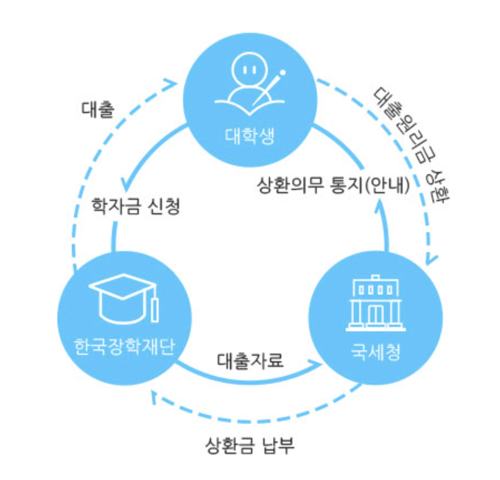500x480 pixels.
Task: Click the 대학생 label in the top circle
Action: tap(249, 136)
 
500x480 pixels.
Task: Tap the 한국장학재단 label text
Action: tap(125, 347)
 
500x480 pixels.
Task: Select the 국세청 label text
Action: tap(375, 353)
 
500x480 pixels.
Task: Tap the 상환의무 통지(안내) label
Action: tap(334, 184)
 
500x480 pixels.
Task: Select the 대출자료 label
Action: tap(251, 360)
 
